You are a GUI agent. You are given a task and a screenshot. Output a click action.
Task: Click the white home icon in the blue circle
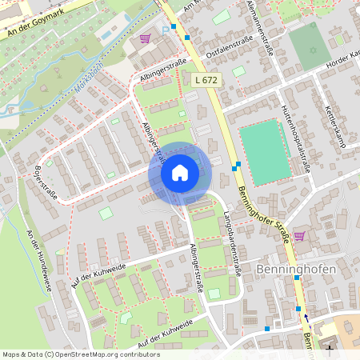pos(179,173)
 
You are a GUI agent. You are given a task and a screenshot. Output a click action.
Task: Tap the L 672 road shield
pos(205,80)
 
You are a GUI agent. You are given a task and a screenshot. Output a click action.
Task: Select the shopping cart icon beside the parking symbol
pos(145,38)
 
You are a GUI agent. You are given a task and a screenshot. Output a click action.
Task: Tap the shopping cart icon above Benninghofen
pos(299,236)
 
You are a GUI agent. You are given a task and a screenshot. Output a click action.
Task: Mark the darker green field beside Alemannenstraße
pos(309,45)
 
